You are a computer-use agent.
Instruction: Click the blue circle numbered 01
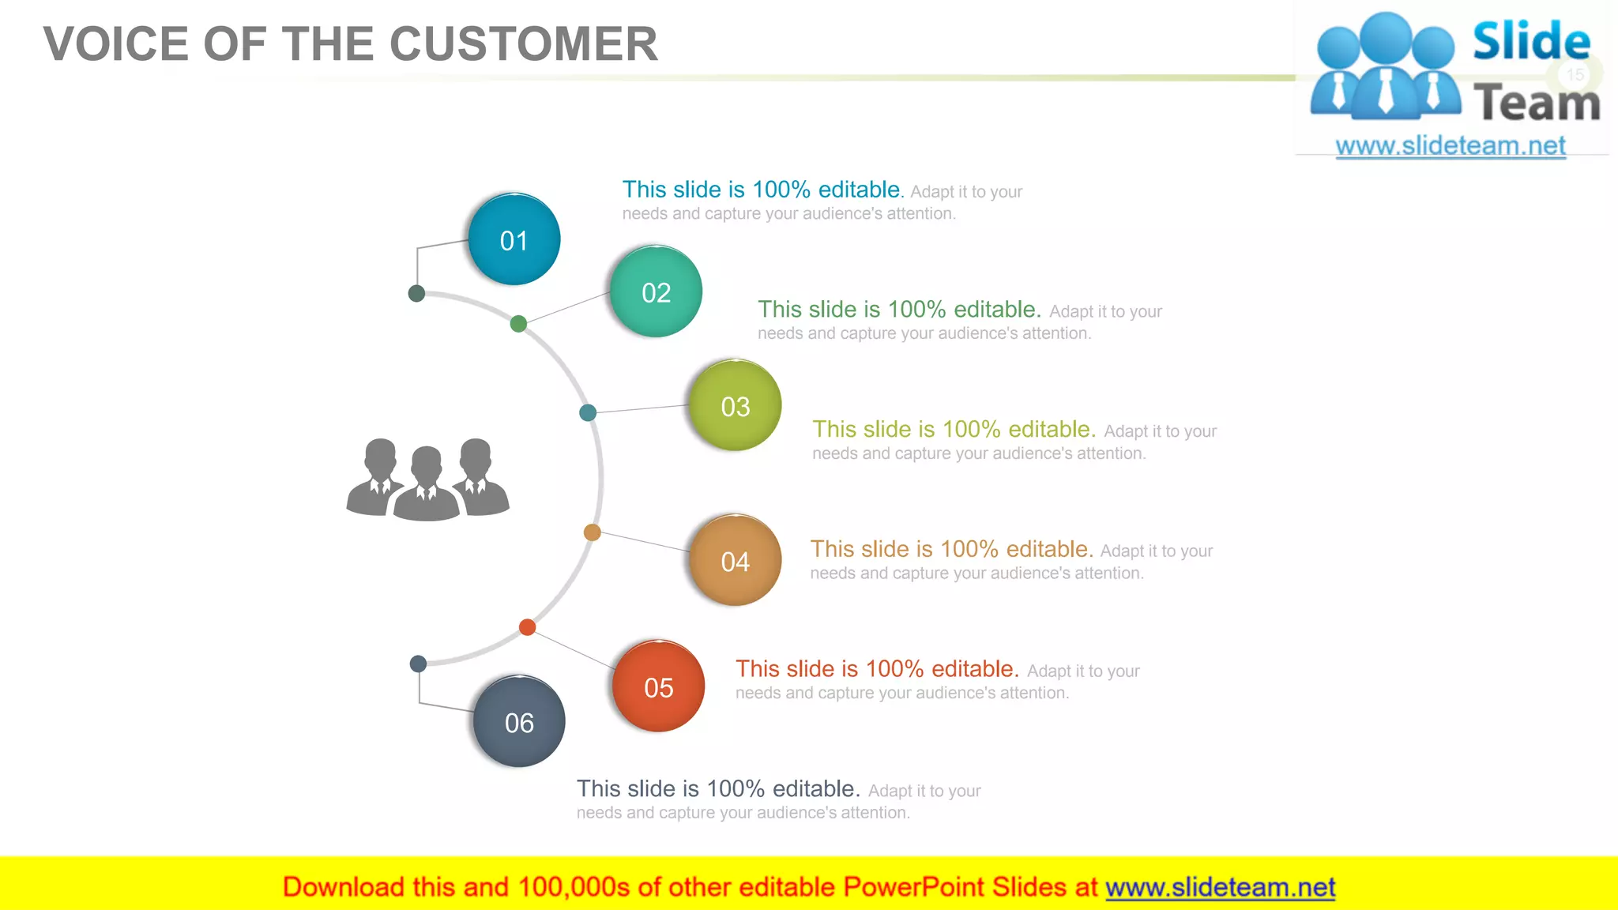514,239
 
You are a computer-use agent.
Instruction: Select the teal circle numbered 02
656,291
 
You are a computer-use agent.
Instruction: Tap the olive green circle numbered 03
735,405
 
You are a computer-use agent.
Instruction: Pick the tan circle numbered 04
735,561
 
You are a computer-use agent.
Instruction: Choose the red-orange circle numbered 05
658,686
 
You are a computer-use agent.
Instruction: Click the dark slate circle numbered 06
519,721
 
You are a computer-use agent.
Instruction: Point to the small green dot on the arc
518,323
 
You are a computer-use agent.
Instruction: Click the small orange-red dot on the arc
527,627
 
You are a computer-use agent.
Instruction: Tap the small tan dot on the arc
592,532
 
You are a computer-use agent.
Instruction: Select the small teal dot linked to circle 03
588,412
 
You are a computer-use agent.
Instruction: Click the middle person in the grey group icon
427,484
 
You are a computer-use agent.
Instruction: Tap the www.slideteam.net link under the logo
1451,145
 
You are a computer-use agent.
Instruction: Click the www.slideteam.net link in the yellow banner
1220,887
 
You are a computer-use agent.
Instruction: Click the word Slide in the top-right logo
1531,41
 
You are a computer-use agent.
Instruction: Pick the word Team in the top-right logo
1537,103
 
